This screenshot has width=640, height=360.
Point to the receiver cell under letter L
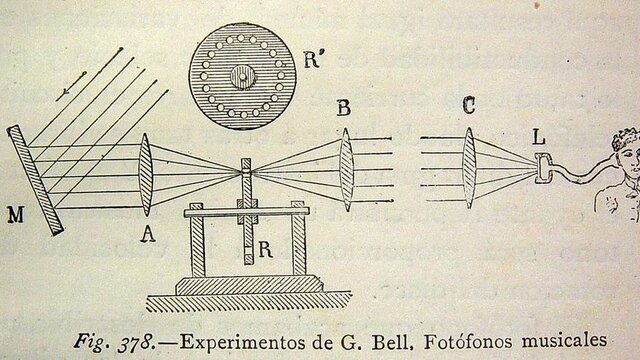pos(541,169)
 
